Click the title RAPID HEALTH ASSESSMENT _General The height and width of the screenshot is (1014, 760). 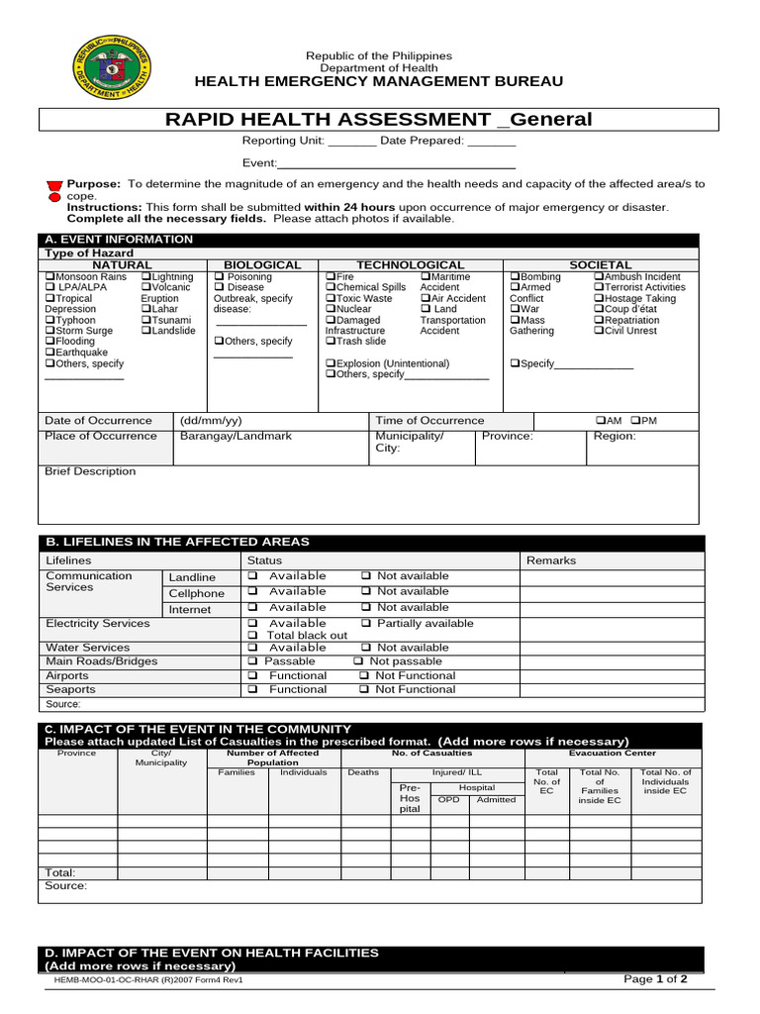[x=379, y=120]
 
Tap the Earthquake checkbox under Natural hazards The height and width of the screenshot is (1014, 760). [x=49, y=353]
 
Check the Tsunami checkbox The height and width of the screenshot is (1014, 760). [x=146, y=320]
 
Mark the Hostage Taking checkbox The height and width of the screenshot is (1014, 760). [x=599, y=298]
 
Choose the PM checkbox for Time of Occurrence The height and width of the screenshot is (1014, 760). [x=636, y=420]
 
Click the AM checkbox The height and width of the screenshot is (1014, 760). [x=601, y=420]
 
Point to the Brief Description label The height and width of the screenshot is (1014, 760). [x=90, y=471]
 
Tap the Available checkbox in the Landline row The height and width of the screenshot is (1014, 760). [x=252, y=575]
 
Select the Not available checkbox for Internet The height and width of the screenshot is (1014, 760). [x=365, y=607]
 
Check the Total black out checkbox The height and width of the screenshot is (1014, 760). [x=252, y=636]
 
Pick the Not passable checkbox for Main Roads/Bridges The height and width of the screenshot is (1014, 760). [x=358, y=660]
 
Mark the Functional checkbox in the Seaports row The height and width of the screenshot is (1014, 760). [x=252, y=689]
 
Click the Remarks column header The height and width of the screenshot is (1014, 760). [x=550, y=560]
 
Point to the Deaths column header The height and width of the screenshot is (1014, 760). [x=363, y=772]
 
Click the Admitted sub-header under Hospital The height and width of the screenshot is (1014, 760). [x=496, y=799]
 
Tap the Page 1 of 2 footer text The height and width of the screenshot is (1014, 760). [x=655, y=979]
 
